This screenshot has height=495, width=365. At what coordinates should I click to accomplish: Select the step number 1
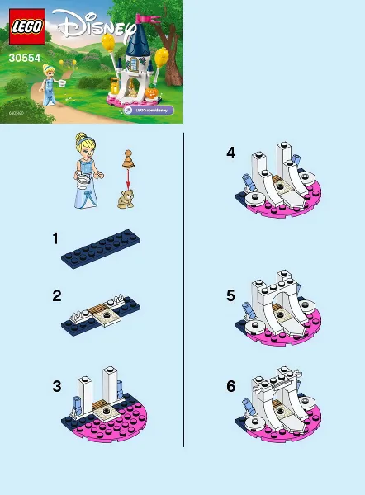55,238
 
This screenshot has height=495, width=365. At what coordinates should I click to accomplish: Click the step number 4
231,153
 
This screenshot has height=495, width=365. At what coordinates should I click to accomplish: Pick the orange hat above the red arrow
128,154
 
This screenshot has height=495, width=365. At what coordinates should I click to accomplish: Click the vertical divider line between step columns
183,289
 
